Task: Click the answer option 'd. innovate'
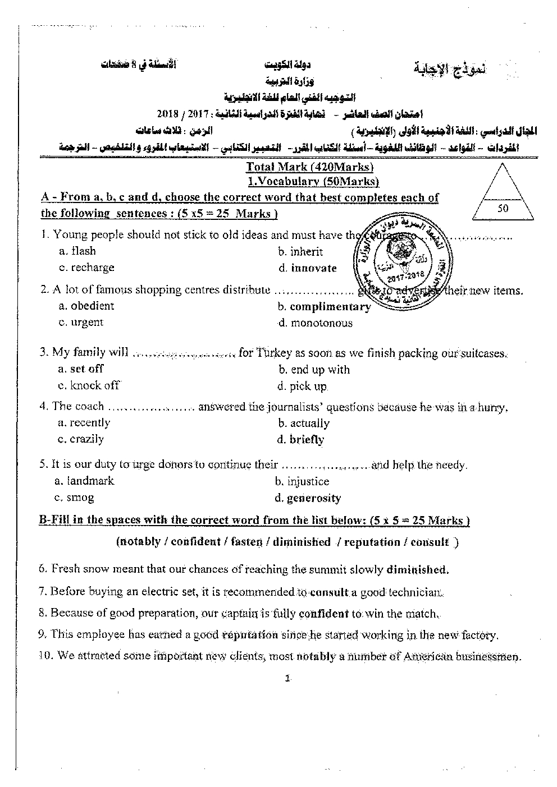point(307,268)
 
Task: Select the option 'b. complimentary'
point(324,307)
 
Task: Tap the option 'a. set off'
point(81,369)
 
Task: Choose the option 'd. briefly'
point(300,440)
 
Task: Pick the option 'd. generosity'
point(308,498)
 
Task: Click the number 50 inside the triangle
point(503,208)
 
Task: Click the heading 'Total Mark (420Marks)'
point(311,167)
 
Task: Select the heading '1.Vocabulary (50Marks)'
point(313,181)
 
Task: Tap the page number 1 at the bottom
point(287,678)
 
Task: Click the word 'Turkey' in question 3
point(274,353)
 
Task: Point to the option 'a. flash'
point(77,251)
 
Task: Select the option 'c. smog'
point(74,497)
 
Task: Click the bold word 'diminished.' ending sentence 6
point(418,570)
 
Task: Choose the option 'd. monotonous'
point(315,323)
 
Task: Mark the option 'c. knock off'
point(89,385)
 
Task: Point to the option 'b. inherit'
point(300,252)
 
